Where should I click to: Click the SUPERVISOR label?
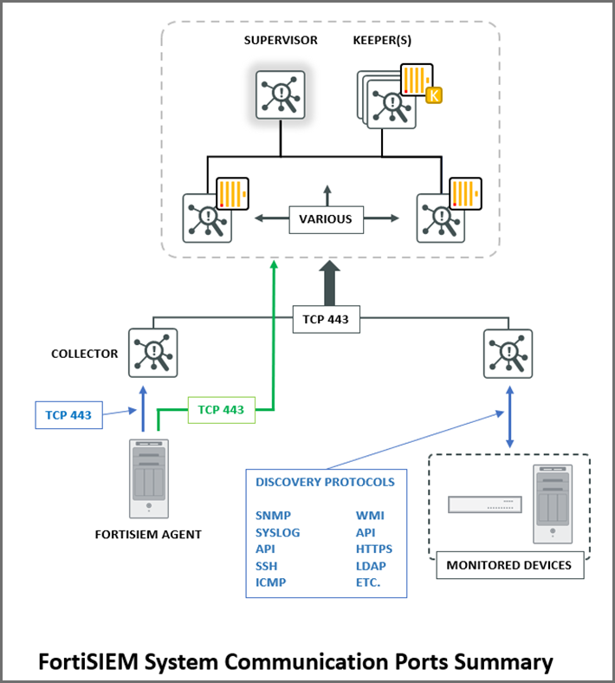pos(280,40)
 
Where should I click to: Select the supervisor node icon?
pos(280,95)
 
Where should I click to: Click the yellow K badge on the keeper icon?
pos(434,94)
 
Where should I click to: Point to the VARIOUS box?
pos(326,218)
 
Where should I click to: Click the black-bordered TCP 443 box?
pos(326,319)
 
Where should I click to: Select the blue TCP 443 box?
pos(68,415)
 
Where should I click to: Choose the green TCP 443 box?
pos(221,409)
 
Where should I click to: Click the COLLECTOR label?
pos(84,354)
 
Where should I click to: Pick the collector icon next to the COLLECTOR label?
pos(152,353)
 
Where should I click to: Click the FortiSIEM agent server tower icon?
pos(148,479)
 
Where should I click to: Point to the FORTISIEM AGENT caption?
pos(148,534)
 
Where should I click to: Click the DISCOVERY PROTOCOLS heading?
pos(325,482)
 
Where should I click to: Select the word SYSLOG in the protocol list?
pos(277,532)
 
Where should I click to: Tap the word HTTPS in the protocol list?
pos(373,549)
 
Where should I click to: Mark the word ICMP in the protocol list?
pos(270,582)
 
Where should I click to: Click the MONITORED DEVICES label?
pos(508,565)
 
